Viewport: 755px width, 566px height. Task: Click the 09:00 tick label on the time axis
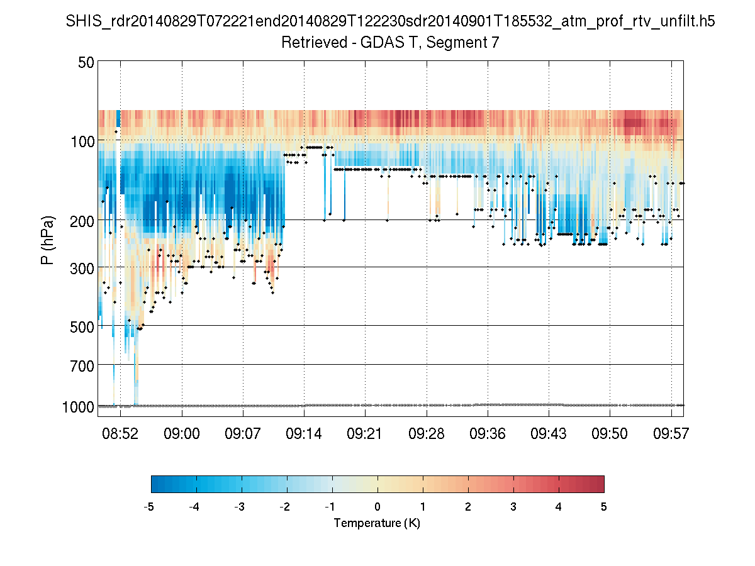pyautogui.click(x=182, y=434)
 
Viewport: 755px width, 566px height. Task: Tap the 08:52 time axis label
pyautogui.click(x=121, y=434)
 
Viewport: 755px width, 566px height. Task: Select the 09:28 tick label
pyautogui.click(x=427, y=434)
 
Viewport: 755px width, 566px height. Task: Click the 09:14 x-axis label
pyautogui.click(x=304, y=434)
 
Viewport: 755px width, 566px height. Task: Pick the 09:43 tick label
pyautogui.click(x=549, y=434)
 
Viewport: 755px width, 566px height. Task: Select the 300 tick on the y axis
pyautogui.click(x=82, y=267)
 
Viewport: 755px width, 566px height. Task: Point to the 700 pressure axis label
pyautogui.click(x=82, y=365)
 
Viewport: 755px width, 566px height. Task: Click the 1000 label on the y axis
pyautogui.click(x=79, y=407)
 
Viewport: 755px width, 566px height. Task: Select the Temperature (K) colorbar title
pyautogui.click(x=377, y=523)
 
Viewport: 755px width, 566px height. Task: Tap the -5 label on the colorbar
pyautogui.click(x=149, y=506)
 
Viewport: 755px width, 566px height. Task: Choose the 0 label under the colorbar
pyautogui.click(x=377, y=506)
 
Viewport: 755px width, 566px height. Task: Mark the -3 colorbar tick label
pyautogui.click(x=240, y=506)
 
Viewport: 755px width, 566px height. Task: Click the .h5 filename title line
pyautogui.click(x=390, y=21)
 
